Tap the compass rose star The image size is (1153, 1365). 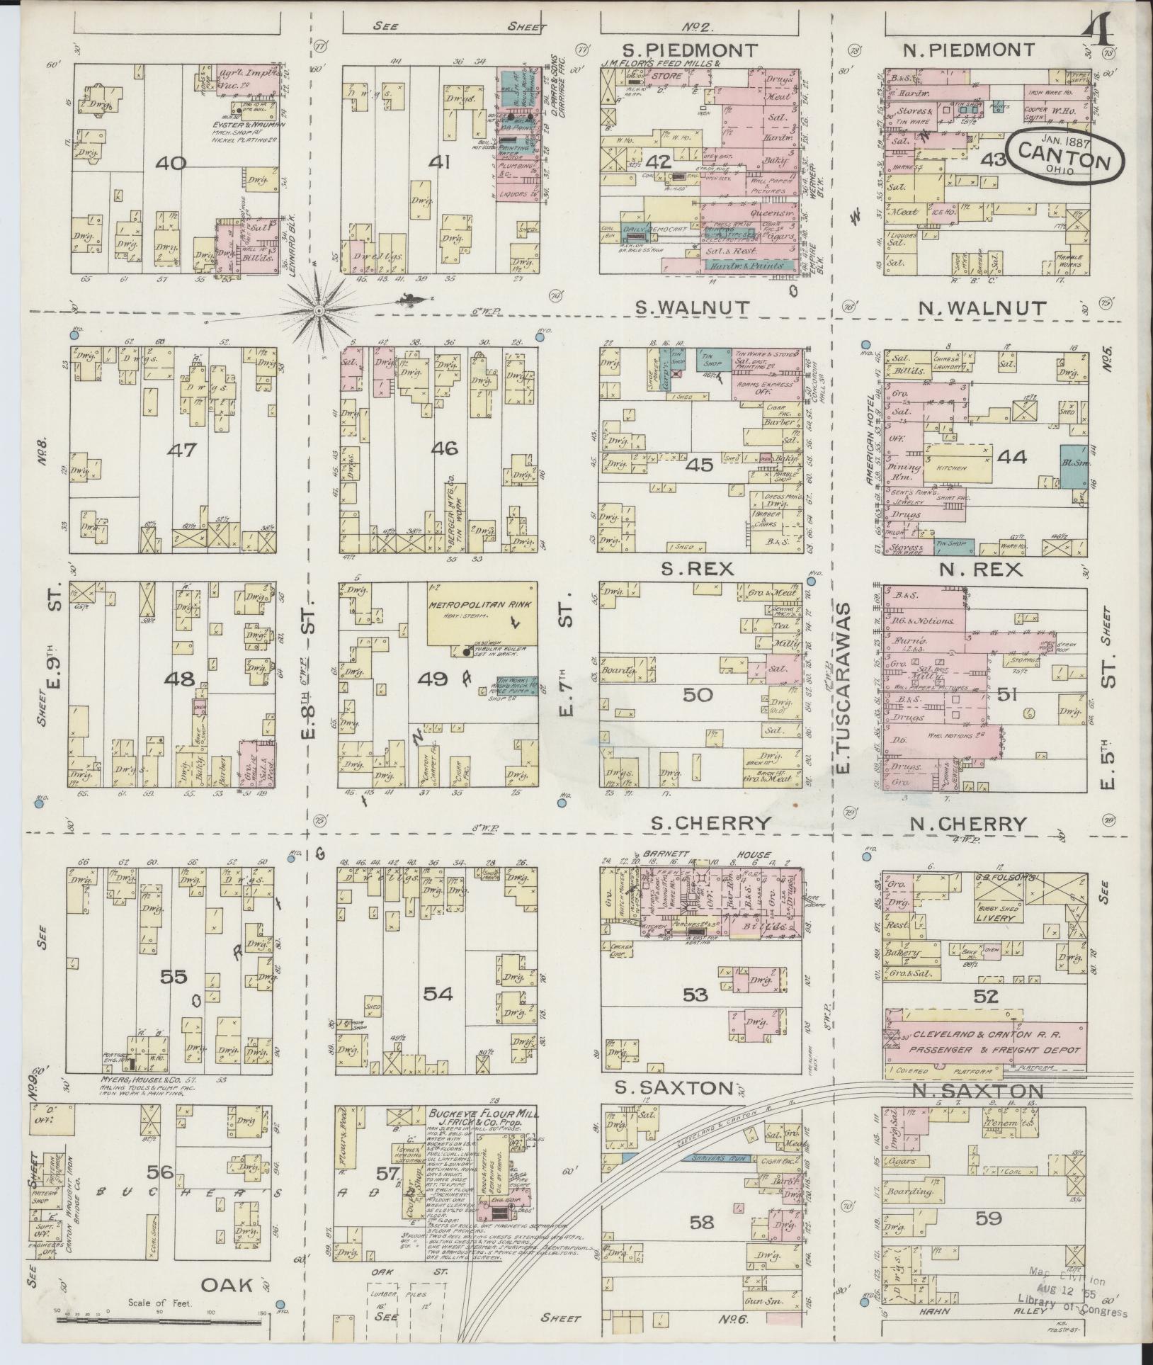point(320,310)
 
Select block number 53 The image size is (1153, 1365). point(695,996)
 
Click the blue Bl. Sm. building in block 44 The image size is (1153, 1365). point(1073,465)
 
